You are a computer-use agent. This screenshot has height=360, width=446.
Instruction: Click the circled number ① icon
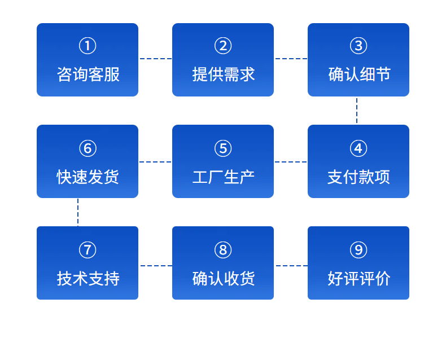[88, 46]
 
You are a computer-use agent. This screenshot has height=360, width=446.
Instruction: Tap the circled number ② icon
[223, 46]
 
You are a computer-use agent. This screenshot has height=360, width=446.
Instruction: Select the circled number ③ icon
[358, 46]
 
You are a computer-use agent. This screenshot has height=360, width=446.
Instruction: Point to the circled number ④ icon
[358, 148]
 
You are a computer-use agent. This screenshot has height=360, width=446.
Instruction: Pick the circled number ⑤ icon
[223, 148]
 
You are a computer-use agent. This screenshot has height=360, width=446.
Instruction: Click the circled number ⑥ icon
[88, 148]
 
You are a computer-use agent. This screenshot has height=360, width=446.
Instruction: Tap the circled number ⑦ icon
[88, 250]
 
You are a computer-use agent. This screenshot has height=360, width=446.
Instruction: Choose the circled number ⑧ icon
[223, 250]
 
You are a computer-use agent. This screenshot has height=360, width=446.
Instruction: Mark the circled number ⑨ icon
[358, 250]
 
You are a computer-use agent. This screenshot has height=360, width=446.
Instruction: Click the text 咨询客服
[88, 74]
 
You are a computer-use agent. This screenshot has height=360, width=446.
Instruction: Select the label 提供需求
[224, 74]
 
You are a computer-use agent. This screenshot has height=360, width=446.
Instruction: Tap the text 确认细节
[359, 74]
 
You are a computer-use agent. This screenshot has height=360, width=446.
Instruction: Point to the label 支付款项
[358, 177]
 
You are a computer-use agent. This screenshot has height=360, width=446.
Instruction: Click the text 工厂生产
[224, 177]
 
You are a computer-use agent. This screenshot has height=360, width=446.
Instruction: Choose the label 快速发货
[88, 177]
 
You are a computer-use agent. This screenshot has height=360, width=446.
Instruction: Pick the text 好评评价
[359, 278]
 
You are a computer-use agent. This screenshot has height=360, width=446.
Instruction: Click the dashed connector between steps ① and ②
[156, 59]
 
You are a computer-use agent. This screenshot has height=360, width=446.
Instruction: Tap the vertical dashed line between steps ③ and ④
[357, 111]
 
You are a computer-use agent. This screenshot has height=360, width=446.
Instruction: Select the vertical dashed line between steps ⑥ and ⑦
[78, 212]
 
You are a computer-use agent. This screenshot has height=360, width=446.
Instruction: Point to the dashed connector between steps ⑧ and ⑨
[292, 266]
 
